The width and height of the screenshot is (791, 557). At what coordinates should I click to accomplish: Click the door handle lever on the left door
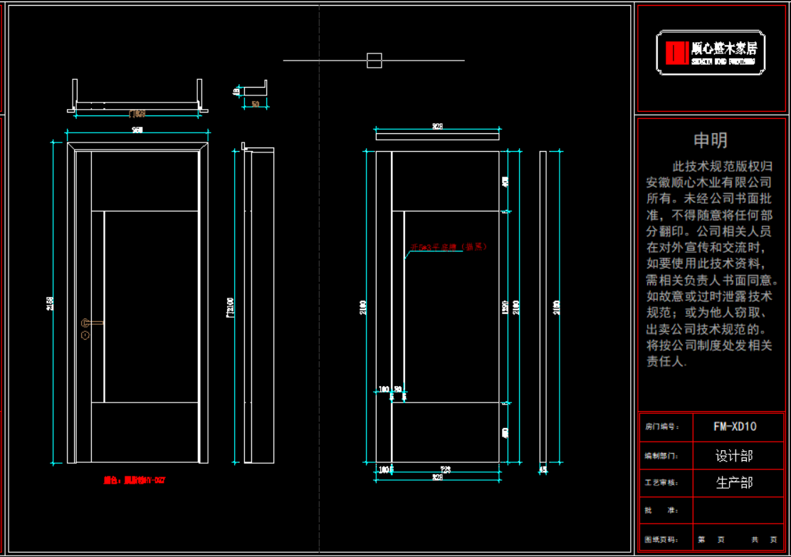[94, 323]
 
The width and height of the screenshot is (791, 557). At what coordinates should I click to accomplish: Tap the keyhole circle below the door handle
[85, 333]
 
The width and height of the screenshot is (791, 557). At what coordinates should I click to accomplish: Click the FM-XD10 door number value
[735, 427]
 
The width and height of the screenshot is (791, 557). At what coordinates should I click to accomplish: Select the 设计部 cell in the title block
[734, 455]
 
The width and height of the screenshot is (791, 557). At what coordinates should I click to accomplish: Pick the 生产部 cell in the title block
[734, 483]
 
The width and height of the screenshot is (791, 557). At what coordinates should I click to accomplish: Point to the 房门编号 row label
[659, 427]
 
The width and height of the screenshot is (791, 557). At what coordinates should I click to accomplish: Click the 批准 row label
[652, 511]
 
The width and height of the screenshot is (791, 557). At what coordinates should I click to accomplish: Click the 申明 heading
[711, 140]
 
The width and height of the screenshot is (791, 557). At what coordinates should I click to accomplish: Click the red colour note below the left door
[135, 481]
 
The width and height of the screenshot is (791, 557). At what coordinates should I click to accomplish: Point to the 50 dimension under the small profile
[256, 104]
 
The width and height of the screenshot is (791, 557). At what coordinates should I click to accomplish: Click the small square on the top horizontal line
[374, 61]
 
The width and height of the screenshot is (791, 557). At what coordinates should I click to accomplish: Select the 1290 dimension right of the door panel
[506, 307]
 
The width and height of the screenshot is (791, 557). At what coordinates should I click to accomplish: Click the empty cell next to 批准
[734, 511]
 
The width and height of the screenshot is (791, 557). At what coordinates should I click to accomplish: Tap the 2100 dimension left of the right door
[364, 307]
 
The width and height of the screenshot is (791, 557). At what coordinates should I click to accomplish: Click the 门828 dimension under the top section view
[137, 113]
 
